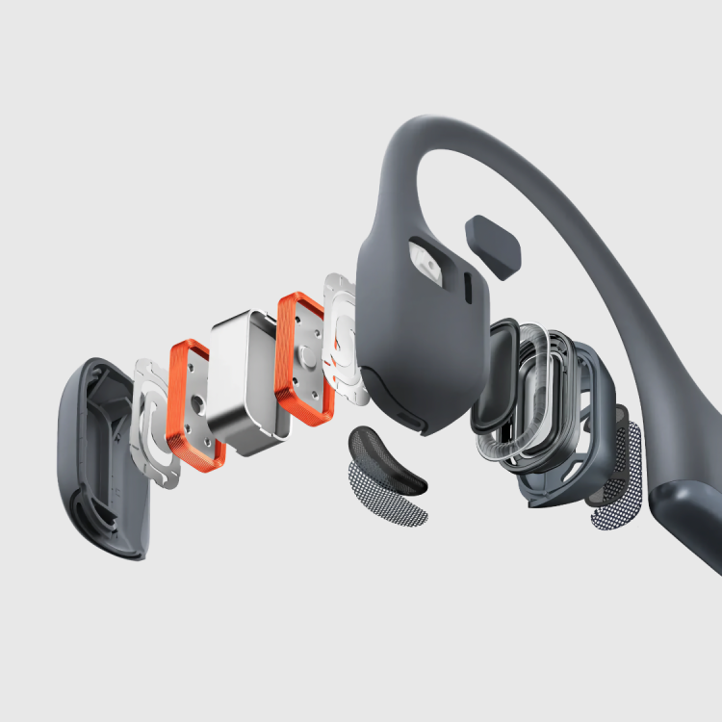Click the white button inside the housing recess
(x=424, y=263)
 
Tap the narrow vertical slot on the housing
(x=466, y=287)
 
